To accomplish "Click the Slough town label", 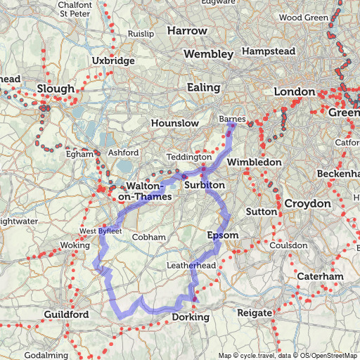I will [x=56, y=89].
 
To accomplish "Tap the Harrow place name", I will [x=187, y=31].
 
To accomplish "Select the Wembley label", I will [x=208, y=54].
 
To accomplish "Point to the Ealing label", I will [x=203, y=87].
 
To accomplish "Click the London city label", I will [x=294, y=92].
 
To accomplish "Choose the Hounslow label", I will [x=175, y=123].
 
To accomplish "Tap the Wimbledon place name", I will [x=254, y=162].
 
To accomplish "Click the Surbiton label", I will [x=204, y=185].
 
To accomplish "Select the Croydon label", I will [x=307, y=203].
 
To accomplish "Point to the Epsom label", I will [x=224, y=234].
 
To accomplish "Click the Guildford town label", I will [x=66, y=314].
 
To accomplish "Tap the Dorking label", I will [x=191, y=318].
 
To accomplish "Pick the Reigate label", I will [x=253, y=312].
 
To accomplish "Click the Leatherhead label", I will [x=191, y=265].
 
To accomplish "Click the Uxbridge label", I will [x=113, y=61].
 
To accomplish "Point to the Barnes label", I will [x=233, y=120].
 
